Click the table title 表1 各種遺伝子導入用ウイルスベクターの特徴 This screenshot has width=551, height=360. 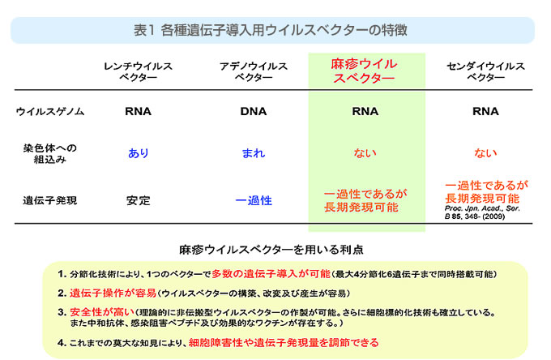click(x=270, y=30)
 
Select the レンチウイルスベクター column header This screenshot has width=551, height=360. click(x=138, y=71)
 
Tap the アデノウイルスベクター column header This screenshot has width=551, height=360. click(x=254, y=71)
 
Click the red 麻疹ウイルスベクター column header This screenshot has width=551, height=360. click(x=364, y=71)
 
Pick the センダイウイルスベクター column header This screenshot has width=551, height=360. click(x=485, y=71)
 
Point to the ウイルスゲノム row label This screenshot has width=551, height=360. click(x=50, y=111)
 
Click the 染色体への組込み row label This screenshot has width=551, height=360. click(x=50, y=153)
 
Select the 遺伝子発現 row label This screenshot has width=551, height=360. click(x=50, y=201)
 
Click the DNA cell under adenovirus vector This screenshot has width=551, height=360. click(x=254, y=111)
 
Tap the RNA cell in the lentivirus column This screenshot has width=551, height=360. click(x=138, y=111)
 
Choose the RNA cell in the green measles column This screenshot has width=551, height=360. click(x=365, y=111)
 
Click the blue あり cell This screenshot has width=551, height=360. click(x=139, y=153)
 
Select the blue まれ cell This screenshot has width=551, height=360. click(x=254, y=153)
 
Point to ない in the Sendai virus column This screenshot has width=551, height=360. click(x=485, y=153)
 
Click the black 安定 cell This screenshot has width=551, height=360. click(x=139, y=201)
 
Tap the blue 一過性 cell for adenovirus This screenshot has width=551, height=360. click(x=254, y=201)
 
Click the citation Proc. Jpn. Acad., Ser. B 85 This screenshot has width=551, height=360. click(x=482, y=212)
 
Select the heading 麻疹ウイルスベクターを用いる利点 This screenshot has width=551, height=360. click(x=271, y=250)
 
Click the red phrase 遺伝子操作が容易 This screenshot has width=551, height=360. click(x=113, y=293)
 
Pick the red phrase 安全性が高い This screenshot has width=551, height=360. click(x=102, y=312)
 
